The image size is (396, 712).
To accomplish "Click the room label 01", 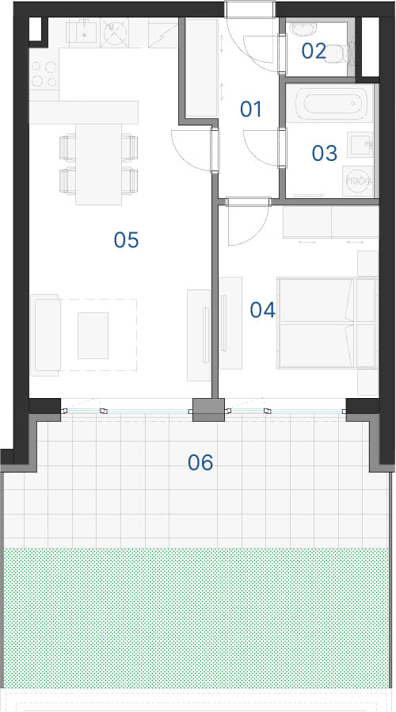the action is click(251, 109).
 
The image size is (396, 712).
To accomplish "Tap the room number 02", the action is click(314, 51).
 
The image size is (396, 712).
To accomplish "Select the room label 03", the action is click(325, 153).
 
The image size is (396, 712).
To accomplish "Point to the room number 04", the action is click(263, 310).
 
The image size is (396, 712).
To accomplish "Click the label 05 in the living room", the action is click(126, 239).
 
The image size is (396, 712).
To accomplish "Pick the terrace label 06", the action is click(200, 462).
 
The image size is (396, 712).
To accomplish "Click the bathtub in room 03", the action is click(335, 104).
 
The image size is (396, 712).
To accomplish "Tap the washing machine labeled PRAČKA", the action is click(358, 182).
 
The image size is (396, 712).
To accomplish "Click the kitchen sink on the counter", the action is click(85, 32).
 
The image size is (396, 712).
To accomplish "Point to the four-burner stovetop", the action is click(44, 75).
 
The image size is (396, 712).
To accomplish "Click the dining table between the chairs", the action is click(98, 164).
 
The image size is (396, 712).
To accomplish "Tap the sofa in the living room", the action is click(45, 335).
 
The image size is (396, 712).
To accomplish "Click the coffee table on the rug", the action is click(93, 335).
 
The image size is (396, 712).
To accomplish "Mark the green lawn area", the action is click(196, 618).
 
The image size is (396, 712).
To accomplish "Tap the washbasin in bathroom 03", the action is click(360, 145).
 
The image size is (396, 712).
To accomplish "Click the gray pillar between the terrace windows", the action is click(208, 410).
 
